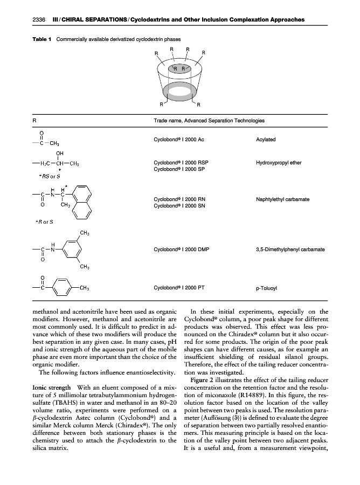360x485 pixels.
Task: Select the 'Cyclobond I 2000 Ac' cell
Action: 178,140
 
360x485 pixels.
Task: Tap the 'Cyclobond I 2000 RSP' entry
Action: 181,162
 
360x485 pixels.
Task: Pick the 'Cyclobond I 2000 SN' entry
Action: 179,206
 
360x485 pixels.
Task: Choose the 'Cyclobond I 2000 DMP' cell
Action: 181,250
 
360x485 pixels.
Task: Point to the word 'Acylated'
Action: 266,140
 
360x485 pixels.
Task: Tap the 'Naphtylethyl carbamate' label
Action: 282,199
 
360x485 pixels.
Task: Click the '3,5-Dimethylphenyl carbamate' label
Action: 290,250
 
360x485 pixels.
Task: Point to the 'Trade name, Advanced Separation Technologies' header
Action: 209,121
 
